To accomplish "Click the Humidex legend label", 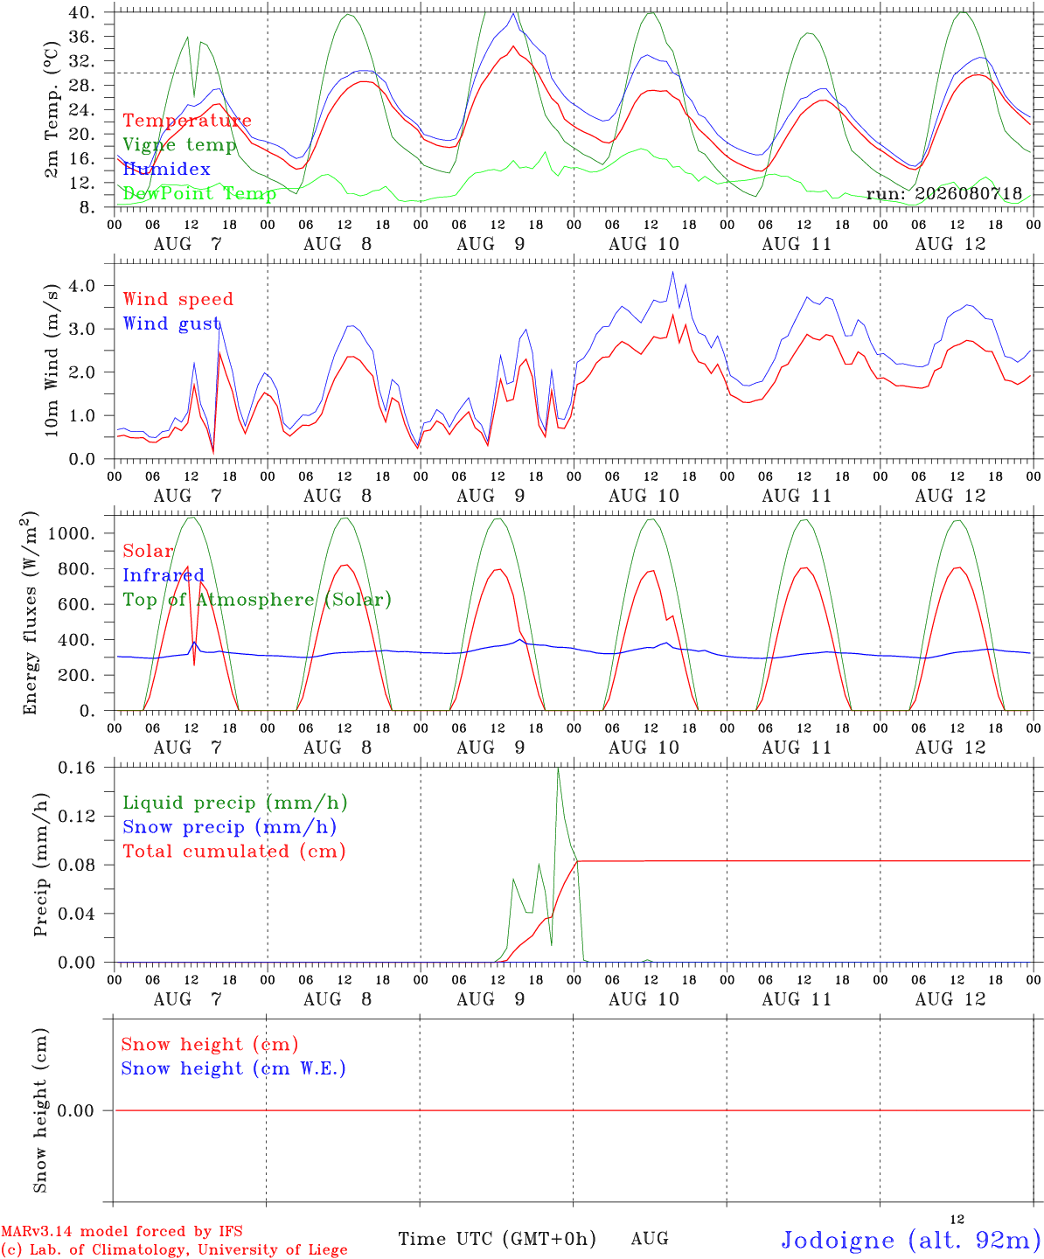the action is coord(166,169).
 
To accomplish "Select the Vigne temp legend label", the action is coord(180,145).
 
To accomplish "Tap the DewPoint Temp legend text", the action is coord(199,193).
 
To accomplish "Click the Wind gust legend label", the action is coord(172,323).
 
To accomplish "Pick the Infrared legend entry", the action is coord(164,574).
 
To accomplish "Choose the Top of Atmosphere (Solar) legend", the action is coord(258,600).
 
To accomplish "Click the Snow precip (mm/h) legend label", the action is coord(230,827).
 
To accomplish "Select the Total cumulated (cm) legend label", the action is coord(234,851).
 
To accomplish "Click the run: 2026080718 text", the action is coord(943,193).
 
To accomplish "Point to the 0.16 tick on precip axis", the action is coord(77,768).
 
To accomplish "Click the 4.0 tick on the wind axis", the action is coord(82,285).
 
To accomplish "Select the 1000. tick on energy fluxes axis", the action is coord(71,533).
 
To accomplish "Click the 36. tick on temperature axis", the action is coord(82,37).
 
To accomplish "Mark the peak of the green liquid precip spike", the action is coord(558,768).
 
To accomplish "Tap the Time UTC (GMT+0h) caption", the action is coord(497,1239).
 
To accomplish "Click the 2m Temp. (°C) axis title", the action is coord(52,109).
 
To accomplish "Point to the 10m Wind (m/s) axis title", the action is coord(52,360).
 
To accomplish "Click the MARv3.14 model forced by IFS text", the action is coord(122,1231).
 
